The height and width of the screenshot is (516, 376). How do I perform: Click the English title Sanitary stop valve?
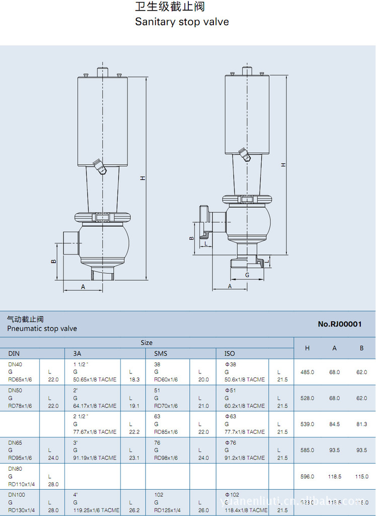[x=182, y=22]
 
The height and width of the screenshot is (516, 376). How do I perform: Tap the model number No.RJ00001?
[x=340, y=324]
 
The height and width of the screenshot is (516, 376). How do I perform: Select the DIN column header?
[x=14, y=353]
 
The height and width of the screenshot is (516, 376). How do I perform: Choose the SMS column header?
[x=161, y=353]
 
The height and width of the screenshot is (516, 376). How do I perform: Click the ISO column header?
[x=230, y=353]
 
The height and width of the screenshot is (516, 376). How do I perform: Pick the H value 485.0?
[x=307, y=372]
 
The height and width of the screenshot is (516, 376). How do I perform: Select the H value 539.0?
[x=307, y=424]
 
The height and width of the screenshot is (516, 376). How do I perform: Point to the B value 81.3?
[x=361, y=424]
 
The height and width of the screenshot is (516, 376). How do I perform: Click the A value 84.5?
[x=335, y=424]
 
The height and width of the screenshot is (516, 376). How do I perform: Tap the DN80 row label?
[x=16, y=469]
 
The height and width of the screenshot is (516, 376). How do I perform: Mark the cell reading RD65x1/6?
[x=20, y=379]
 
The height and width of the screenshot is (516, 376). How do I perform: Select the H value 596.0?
[x=307, y=476]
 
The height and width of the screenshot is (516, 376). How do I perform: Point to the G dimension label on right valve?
[x=247, y=275]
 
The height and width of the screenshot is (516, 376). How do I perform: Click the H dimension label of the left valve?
[x=142, y=178]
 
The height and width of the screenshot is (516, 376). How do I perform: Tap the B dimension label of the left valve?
[x=53, y=262]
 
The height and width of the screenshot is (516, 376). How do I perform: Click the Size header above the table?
[x=146, y=343]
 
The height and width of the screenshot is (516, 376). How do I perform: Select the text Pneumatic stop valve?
[x=42, y=329]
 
